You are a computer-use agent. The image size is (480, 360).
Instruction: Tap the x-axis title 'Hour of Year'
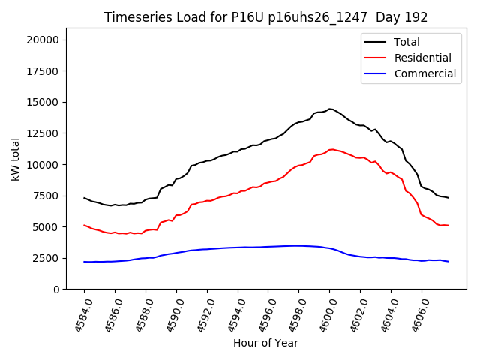tap(265, 343)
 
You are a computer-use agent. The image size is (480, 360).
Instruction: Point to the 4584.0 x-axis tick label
tap(79, 314)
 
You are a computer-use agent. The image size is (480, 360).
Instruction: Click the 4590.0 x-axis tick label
tap(171, 314)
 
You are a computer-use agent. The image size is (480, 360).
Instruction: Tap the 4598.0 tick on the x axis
tap(293, 314)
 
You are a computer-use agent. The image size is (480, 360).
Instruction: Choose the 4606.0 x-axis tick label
tap(416, 314)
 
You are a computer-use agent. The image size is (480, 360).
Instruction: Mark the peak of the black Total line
tap(330, 109)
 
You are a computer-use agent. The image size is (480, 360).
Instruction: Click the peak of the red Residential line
tap(332, 149)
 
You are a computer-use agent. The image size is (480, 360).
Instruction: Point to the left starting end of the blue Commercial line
tap(84, 262)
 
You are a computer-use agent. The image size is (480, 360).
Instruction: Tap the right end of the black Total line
tap(448, 197)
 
